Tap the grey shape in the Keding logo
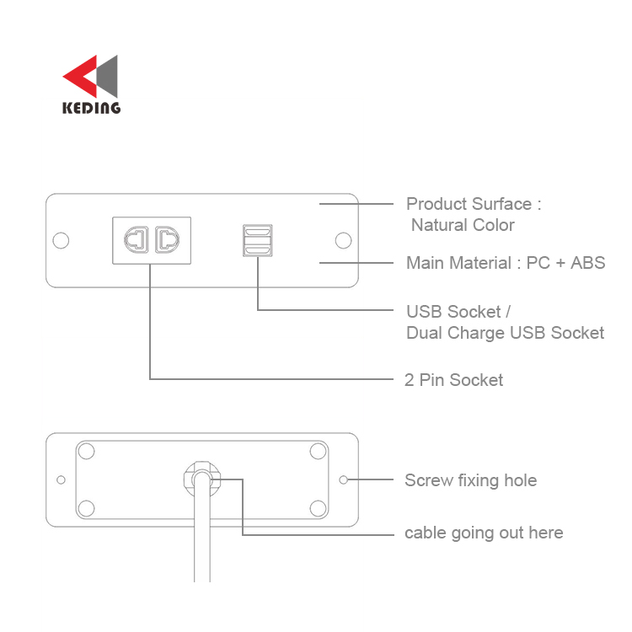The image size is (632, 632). [x=109, y=77]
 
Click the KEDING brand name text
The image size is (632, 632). [x=92, y=108]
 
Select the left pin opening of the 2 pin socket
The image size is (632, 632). [x=137, y=240]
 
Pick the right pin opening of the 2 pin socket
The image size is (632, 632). [x=168, y=240]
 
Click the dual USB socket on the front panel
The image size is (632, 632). [x=258, y=241]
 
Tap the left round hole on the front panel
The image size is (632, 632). [x=61, y=241]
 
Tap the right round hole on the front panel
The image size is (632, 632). [x=344, y=241]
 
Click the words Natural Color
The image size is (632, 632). [x=463, y=225]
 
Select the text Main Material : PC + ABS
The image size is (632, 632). [x=506, y=263]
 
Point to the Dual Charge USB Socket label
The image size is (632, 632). [x=505, y=334]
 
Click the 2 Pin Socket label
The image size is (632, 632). [x=454, y=380]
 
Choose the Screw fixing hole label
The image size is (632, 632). [x=471, y=480]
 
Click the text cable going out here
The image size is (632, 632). [x=484, y=533]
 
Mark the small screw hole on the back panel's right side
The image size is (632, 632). [x=344, y=479]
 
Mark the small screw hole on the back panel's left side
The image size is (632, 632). [x=61, y=479]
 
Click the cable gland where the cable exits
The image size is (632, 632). [x=202, y=479]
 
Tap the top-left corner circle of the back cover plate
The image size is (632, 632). [x=86, y=451]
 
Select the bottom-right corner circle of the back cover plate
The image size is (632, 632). [x=318, y=508]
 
